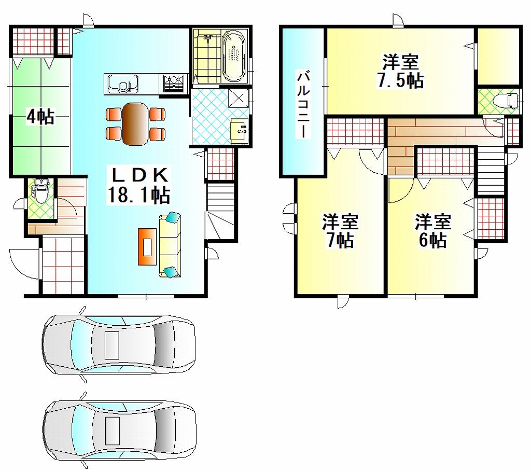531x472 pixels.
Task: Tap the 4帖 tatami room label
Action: click(40, 117)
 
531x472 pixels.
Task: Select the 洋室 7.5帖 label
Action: click(401, 71)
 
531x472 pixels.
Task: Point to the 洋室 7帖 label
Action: click(340, 231)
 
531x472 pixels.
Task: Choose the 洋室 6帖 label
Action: click(432, 231)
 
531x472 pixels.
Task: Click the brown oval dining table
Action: click(135, 123)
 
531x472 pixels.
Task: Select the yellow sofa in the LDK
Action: click(170, 244)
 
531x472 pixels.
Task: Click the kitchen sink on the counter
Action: click(122, 84)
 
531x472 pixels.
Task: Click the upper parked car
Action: click(119, 343)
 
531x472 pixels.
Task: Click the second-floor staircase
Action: click(490, 171)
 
